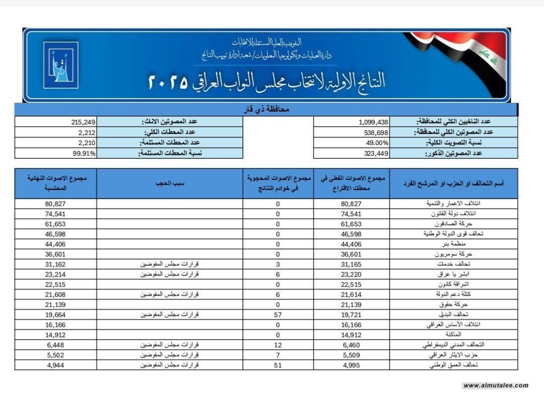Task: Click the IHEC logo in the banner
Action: pos(60,65)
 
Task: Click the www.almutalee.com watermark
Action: pos(496,385)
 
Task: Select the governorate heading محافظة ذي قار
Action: pos(266,109)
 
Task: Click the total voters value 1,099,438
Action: pos(374,122)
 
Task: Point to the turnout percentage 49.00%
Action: pos(378,143)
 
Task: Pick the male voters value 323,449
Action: pos(375,154)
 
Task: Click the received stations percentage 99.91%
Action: pos(84,154)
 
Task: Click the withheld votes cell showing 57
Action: pos(278,314)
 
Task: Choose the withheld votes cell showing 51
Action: pos(278,365)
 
